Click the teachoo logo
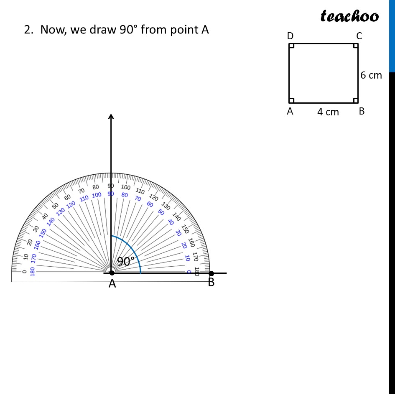(x=349, y=16)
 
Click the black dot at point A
(x=112, y=273)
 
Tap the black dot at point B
(x=211, y=273)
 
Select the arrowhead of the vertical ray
(x=111, y=117)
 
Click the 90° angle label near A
(x=125, y=262)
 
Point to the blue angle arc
(x=133, y=249)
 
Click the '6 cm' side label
(x=371, y=75)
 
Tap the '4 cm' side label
(x=328, y=112)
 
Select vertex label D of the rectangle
(x=290, y=36)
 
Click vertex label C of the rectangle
(x=359, y=36)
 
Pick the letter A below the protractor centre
(x=112, y=284)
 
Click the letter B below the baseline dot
(x=211, y=283)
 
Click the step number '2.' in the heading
(x=28, y=30)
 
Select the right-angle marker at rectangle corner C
(x=356, y=46)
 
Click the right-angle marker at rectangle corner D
(x=291, y=46)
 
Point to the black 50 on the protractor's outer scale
(x=55, y=206)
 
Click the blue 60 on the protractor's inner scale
(x=150, y=204)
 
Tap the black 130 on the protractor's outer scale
(x=166, y=206)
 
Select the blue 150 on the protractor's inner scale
(x=43, y=233)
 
